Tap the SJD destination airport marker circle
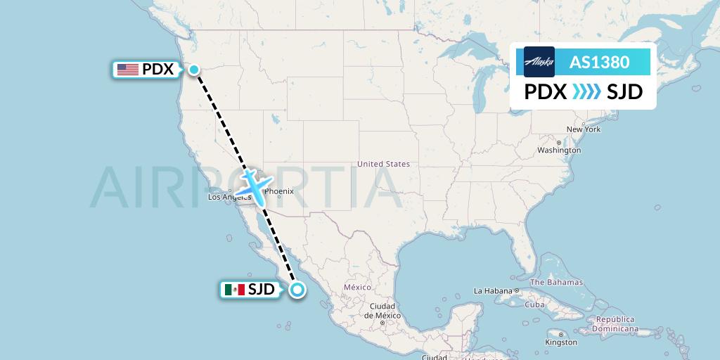tap(298, 289)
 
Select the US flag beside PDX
tap(127, 70)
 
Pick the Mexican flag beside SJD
tap(233, 289)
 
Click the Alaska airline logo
tap(539, 62)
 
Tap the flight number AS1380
tap(599, 62)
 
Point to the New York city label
tap(583, 129)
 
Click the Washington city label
tap(559, 150)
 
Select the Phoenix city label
tap(279, 191)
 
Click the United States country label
tap(383, 164)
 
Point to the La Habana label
tap(493, 290)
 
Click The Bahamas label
tap(556, 282)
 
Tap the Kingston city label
tap(561, 342)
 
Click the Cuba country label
tap(535, 304)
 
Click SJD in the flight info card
tap(624, 92)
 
